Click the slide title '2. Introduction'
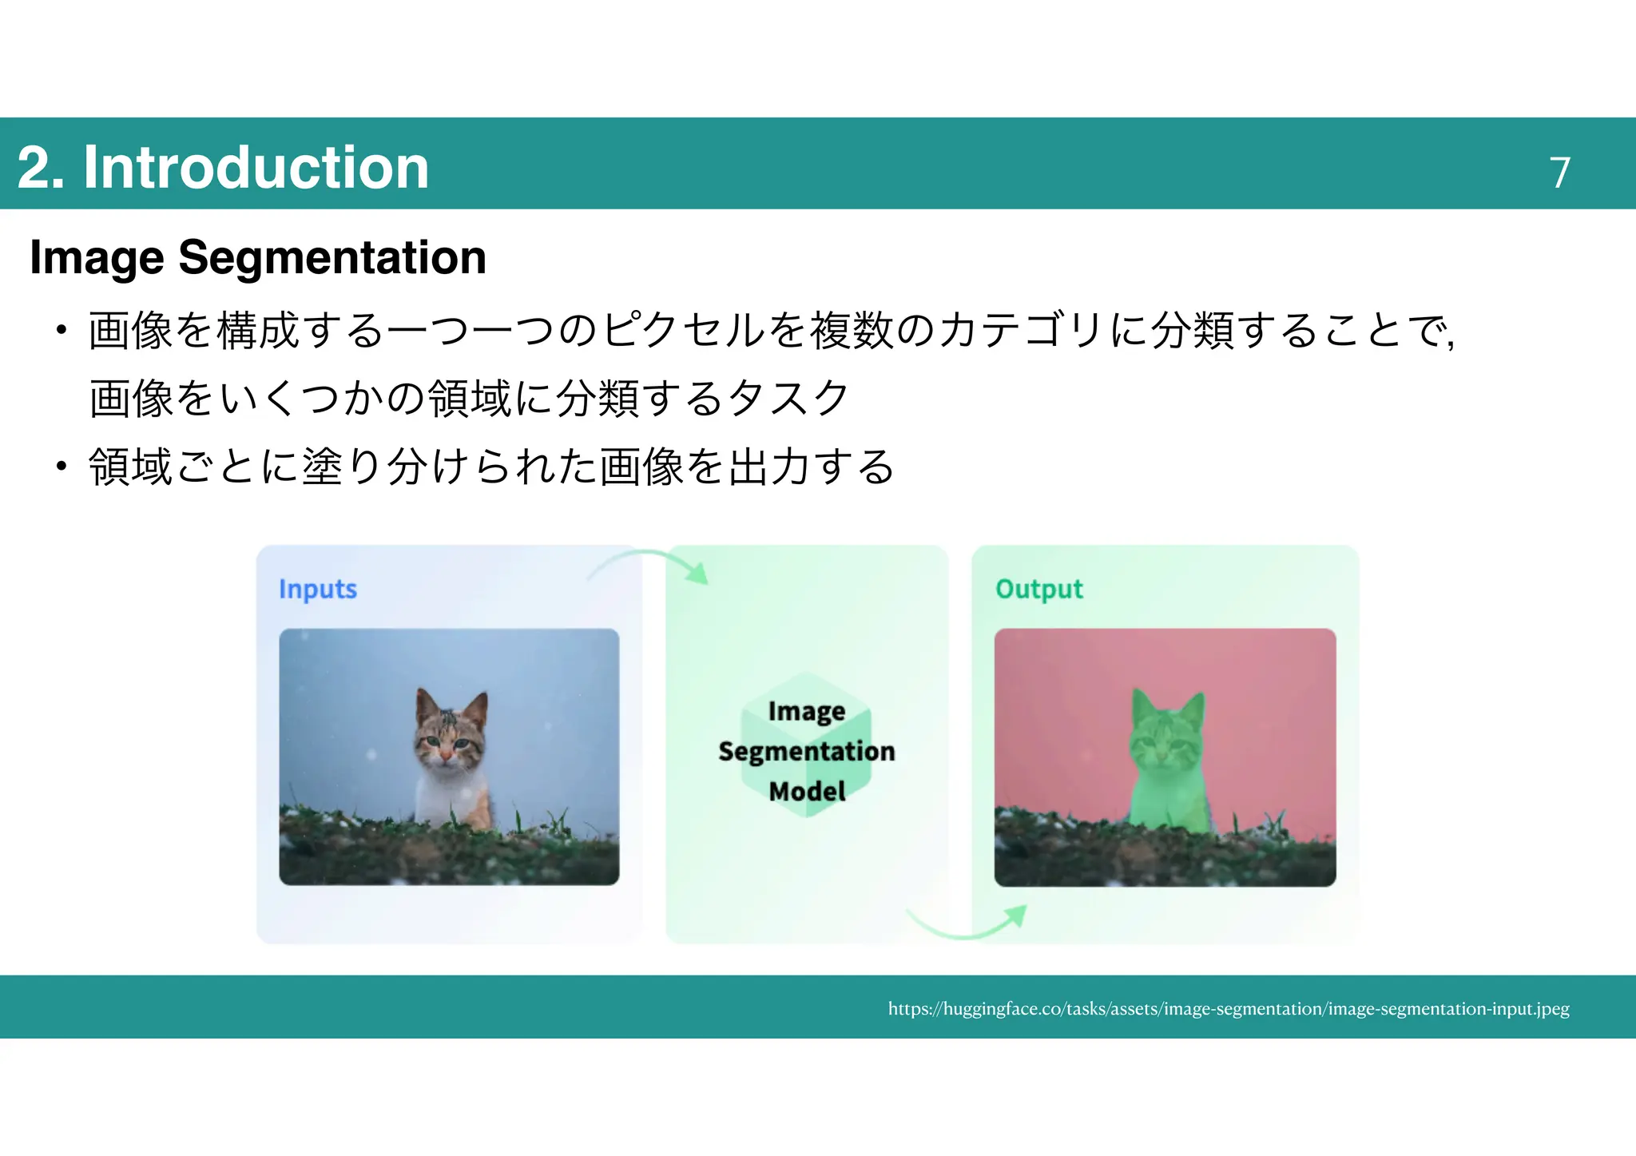point(223,167)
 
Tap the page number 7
point(1559,173)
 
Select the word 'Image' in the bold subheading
point(97,257)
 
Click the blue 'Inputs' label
point(317,589)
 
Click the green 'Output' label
point(1038,589)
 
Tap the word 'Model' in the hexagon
point(807,791)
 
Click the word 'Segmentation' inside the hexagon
point(807,751)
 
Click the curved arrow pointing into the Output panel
point(971,927)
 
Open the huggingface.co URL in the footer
point(1229,1008)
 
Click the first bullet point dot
point(61,330)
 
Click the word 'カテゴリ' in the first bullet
point(1022,330)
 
